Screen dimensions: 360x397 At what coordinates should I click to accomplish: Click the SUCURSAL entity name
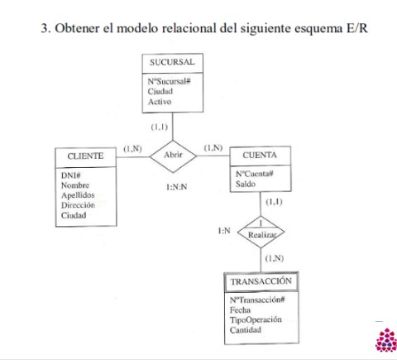[x=172, y=63]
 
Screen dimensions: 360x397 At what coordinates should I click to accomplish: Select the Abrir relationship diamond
[x=173, y=156]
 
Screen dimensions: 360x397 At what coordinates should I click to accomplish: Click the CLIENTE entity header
[x=85, y=156]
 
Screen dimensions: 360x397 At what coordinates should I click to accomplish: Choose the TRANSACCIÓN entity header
[x=261, y=281]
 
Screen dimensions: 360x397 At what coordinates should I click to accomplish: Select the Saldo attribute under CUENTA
[x=246, y=185]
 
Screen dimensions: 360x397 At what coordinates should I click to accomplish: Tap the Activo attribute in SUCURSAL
[x=160, y=102]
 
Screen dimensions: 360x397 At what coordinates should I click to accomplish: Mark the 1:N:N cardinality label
[x=176, y=187]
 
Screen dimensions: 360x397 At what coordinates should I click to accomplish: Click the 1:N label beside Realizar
[x=223, y=230]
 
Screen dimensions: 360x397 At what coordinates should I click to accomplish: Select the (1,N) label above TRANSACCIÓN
[x=275, y=259]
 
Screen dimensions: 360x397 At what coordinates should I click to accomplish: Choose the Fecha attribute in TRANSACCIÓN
[x=241, y=310]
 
